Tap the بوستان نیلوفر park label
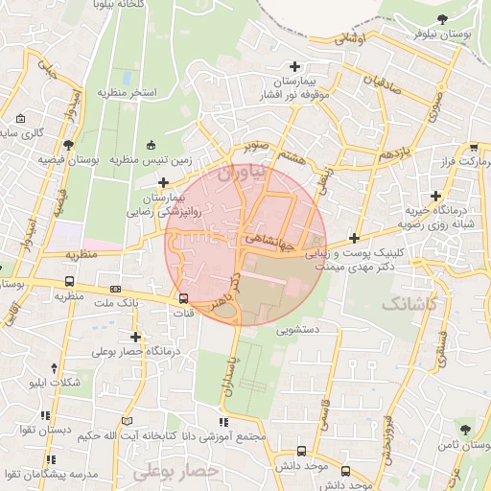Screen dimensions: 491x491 (445, 33)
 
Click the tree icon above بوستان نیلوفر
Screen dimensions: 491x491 (441, 18)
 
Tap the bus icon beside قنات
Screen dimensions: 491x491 (183, 298)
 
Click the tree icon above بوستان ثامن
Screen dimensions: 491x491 (464, 429)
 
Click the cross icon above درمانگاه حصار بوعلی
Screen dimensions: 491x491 (136, 337)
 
